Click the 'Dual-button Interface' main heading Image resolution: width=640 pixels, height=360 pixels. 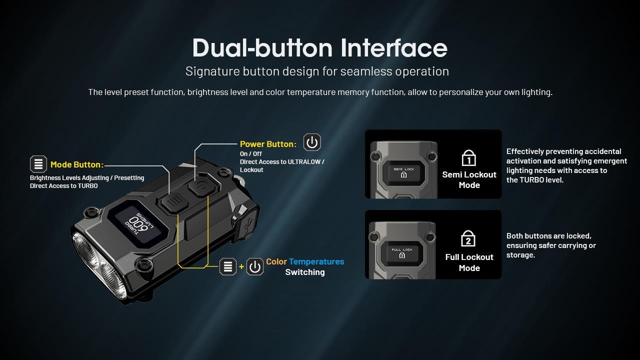coord(319,48)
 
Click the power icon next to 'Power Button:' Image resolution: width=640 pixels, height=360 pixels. coord(312,142)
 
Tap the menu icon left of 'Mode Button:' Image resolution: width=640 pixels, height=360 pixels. coord(38,164)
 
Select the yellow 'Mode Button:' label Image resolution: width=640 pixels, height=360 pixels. coord(76,164)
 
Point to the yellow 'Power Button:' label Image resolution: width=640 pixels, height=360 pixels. coord(268,144)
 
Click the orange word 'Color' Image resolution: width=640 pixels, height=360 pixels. coord(276,261)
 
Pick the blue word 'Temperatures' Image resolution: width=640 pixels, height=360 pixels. coord(316,261)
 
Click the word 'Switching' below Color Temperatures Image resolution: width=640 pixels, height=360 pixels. coord(305,272)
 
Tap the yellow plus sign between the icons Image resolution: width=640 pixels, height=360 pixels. coord(241,266)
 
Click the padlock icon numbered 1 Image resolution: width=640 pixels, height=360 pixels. coord(468,158)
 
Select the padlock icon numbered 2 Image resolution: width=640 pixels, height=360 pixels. coord(468,239)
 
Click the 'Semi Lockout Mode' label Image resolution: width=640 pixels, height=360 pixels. coord(469,179)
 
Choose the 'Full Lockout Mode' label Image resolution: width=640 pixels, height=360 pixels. coord(469,262)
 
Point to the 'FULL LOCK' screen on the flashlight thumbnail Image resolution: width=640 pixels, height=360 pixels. coord(402,252)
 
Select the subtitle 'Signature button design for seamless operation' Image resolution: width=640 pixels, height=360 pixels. coord(317,71)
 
